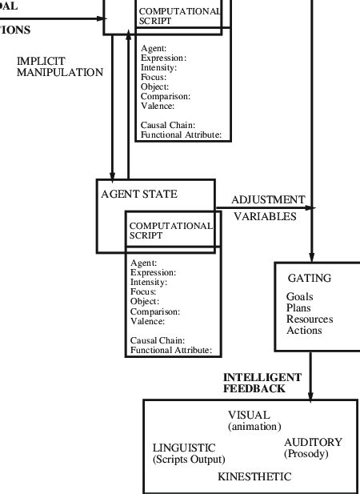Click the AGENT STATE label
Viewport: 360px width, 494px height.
click(139, 194)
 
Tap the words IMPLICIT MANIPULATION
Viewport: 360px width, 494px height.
click(59, 66)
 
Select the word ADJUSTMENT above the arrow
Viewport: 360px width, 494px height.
click(268, 199)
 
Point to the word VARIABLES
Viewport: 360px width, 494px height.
click(265, 216)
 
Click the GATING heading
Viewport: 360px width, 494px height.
click(309, 278)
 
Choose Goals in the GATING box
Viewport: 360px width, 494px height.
click(300, 296)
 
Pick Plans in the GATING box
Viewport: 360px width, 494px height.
click(298, 307)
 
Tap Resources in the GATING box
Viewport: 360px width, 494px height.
click(310, 319)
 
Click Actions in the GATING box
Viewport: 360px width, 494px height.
click(304, 330)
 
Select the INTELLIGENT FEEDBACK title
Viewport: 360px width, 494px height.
click(262, 383)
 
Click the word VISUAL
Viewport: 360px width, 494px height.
click(249, 416)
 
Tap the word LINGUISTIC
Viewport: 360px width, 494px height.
click(184, 448)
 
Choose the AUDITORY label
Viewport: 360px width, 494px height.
click(313, 442)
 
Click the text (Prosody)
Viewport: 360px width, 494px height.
click(306, 454)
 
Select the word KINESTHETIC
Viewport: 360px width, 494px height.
click(254, 476)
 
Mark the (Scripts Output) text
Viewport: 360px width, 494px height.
click(189, 460)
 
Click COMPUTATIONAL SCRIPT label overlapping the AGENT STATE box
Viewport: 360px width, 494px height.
click(170, 231)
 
